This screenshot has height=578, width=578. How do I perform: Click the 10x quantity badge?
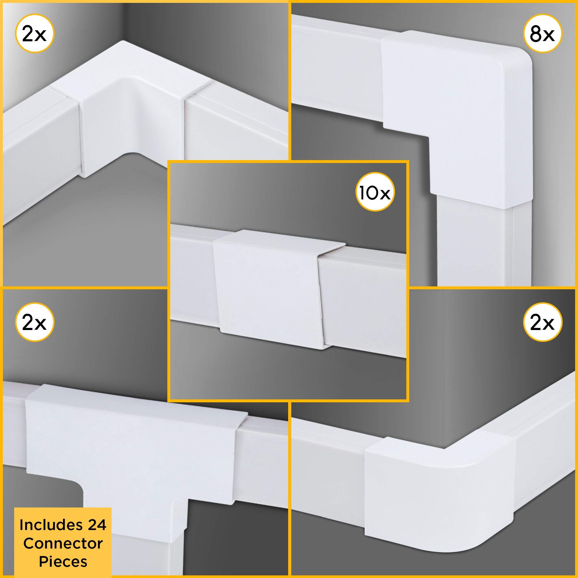pos(375,192)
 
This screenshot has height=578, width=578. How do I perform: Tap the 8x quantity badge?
pos(542,34)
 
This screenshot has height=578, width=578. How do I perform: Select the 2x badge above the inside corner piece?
pos(34,34)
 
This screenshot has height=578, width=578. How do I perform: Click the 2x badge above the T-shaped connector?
pos(34,322)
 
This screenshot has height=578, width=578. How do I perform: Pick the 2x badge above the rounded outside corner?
pos(542,322)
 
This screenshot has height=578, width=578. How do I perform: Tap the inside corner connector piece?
pos(131,120)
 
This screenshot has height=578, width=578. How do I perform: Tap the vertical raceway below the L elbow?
pos(476,245)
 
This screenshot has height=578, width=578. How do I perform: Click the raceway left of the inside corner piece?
pos(39,159)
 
